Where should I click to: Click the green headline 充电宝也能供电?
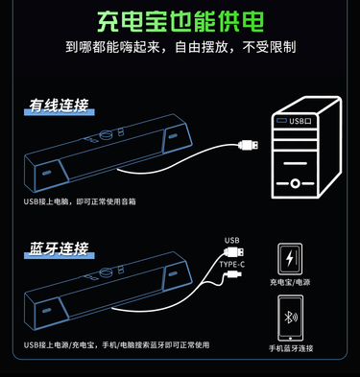click(180, 21)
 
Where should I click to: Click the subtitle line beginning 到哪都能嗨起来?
click(180, 47)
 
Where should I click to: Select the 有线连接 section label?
click(59, 106)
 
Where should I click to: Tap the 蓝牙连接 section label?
click(59, 248)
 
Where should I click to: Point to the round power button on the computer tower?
click(295, 183)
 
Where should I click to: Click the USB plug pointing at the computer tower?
click(249, 145)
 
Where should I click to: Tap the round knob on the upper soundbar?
click(106, 135)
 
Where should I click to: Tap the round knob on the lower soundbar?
click(106, 272)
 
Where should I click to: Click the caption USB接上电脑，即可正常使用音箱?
click(80, 201)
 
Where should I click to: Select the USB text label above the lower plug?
click(231, 240)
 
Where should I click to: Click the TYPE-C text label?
click(232, 265)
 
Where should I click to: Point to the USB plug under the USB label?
click(234, 252)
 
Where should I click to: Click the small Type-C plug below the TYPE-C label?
click(234, 274)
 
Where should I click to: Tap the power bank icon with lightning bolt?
click(290, 259)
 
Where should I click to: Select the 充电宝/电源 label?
click(290, 282)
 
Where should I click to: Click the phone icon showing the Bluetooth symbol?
click(290, 318)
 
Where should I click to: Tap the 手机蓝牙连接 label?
click(291, 348)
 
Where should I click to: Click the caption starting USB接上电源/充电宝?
click(116, 345)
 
